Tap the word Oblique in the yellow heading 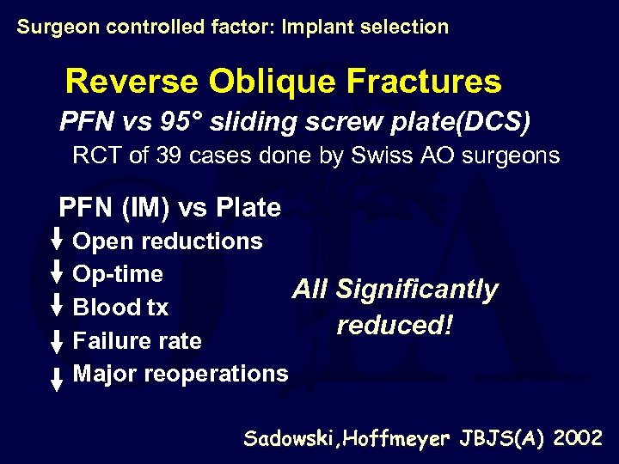[271, 82]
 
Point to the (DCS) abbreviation [492, 123]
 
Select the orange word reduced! [395, 327]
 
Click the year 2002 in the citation [579, 438]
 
